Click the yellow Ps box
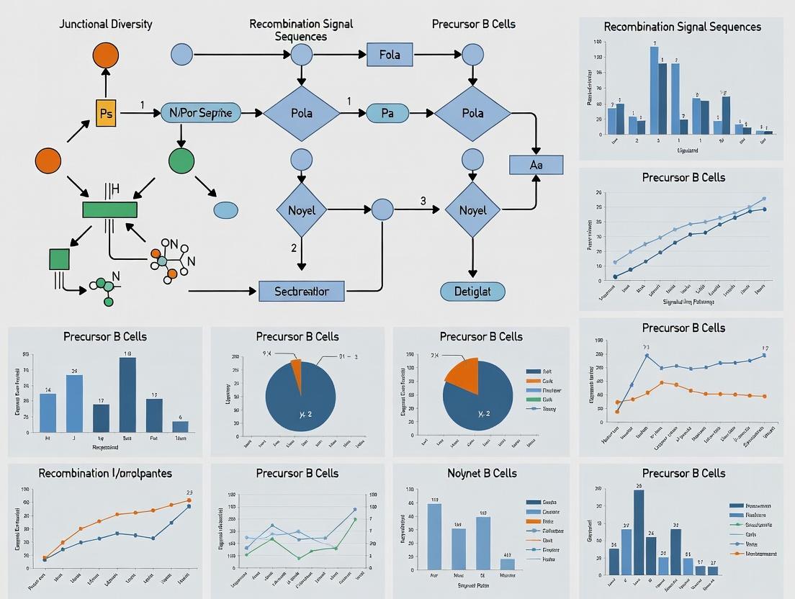tap(105, 113)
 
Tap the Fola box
tap(389, 54)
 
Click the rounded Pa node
tap(387, 112)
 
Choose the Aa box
tap(536, 165)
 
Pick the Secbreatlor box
tap(301, 291)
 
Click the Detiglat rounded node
tap(472, 291)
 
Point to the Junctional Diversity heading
tap(106, 24)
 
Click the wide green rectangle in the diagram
tap(109, 210)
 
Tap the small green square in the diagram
tap(59, 258)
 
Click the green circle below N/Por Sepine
tap(181, 161)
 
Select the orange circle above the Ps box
tap(106, 55)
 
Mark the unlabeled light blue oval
tap(225, 210)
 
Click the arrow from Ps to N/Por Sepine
tap(138, 113)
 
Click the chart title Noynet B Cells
tap(481, 473)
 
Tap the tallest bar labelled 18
tap(127, 394)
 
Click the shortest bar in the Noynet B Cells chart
tap(507, 564)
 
